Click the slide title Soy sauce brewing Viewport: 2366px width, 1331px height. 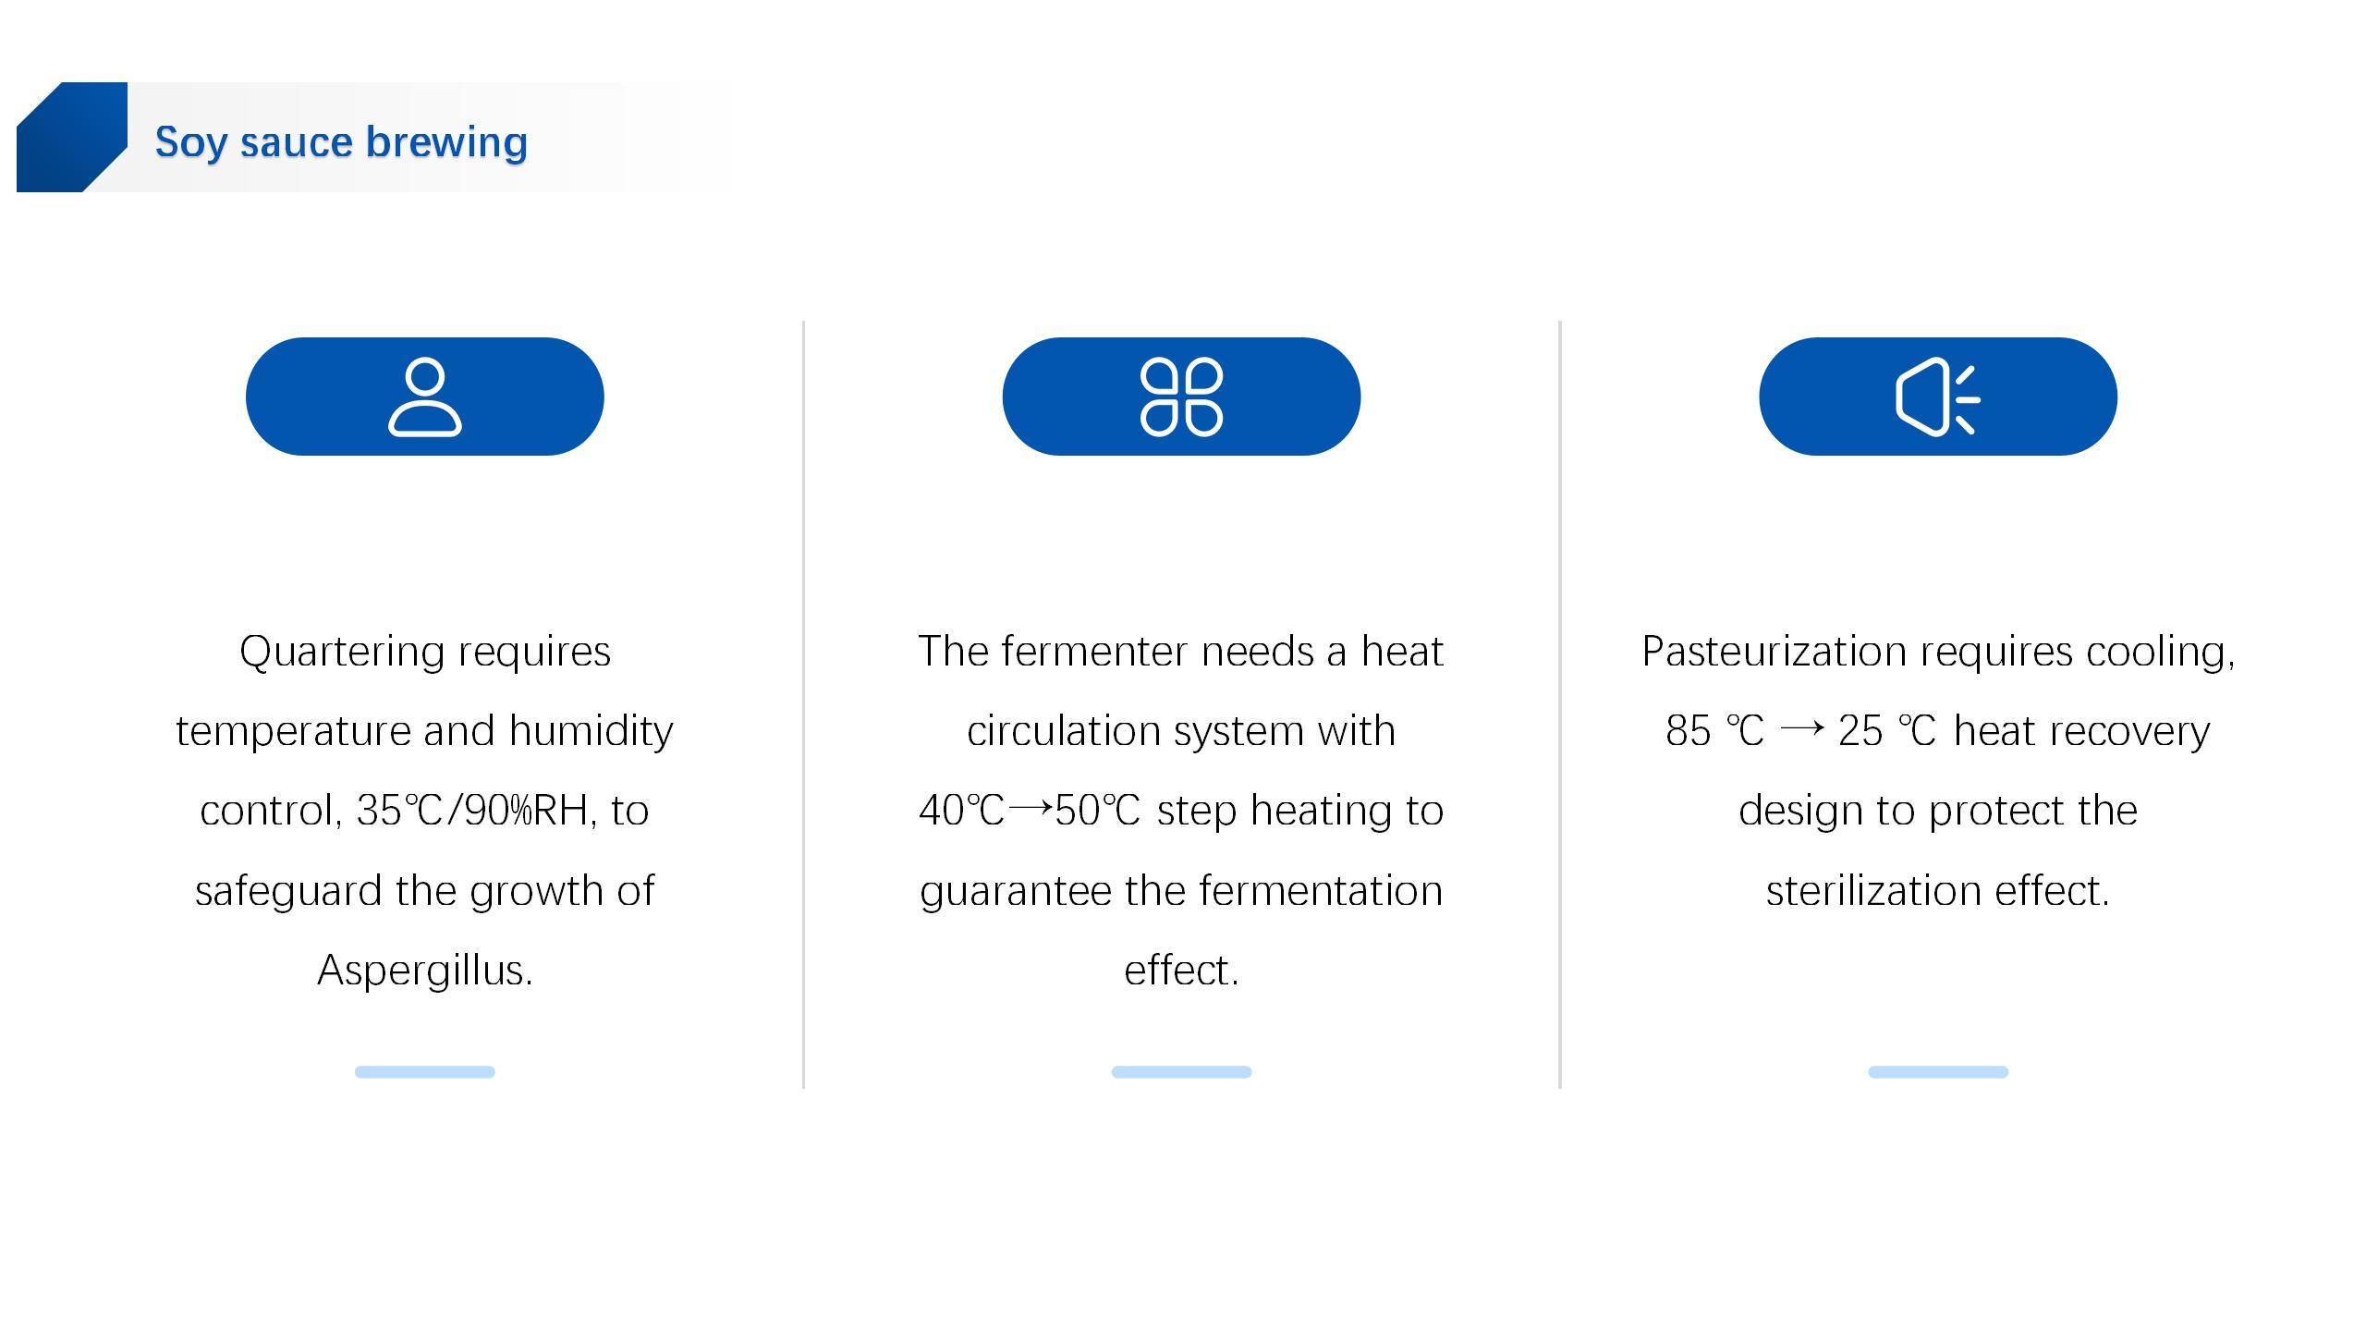[x=341, y=142]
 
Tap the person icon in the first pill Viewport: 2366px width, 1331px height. [x=425, y=397]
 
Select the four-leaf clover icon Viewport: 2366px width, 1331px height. [x=1181, y=397]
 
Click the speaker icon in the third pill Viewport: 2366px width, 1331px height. [x=1937, y=398]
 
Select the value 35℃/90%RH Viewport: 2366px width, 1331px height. [x=472, y=811]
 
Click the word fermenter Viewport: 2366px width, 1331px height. [x=1094, y=652]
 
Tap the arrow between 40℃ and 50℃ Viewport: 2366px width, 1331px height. [x=1030, y=808]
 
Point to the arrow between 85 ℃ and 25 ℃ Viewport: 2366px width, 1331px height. [x=1801, y=728]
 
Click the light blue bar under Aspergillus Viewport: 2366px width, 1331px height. [x=425, y=1072]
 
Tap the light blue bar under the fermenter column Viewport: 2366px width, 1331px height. [x=1181, y=1072]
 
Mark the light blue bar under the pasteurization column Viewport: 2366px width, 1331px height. [x=1938, y=1072]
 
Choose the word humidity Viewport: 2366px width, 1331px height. [x=591, y=732]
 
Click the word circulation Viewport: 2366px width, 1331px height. [x=1063, y=731]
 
